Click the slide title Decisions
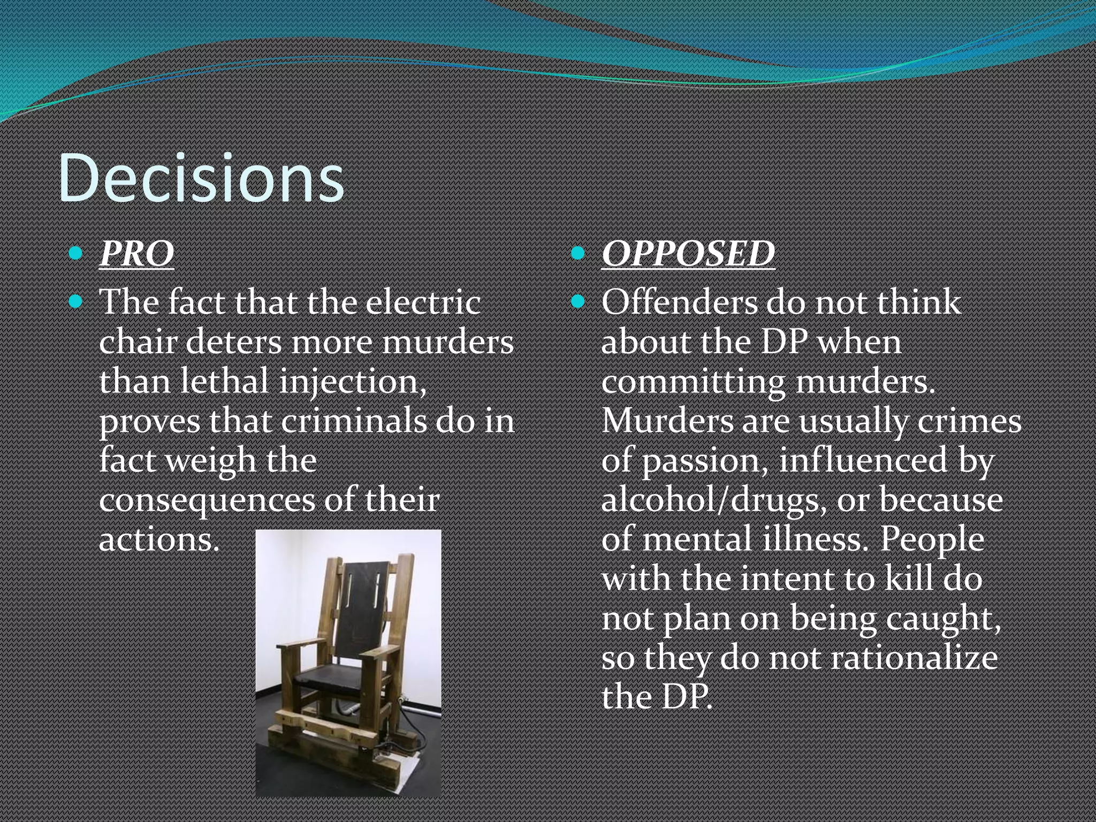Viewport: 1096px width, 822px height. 201,178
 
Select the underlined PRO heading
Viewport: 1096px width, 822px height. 136,253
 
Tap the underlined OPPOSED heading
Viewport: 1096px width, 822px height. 688,253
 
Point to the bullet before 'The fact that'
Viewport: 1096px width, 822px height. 76,302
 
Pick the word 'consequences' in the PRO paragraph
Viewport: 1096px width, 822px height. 207,500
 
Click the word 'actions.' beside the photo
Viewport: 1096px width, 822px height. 159,539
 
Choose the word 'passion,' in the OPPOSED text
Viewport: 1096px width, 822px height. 705,461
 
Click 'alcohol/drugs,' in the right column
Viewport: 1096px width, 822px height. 710,500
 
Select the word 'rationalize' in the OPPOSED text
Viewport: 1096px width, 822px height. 914,658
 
